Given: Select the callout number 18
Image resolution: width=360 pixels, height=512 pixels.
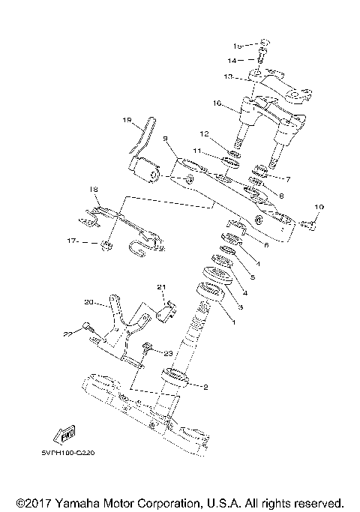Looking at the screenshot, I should click(94, 189).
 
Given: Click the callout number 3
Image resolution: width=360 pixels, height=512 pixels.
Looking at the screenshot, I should click(241, 308).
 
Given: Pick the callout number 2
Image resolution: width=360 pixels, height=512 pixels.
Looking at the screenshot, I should click(203, 387).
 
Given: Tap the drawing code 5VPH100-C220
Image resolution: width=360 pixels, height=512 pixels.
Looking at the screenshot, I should click(74, 453).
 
